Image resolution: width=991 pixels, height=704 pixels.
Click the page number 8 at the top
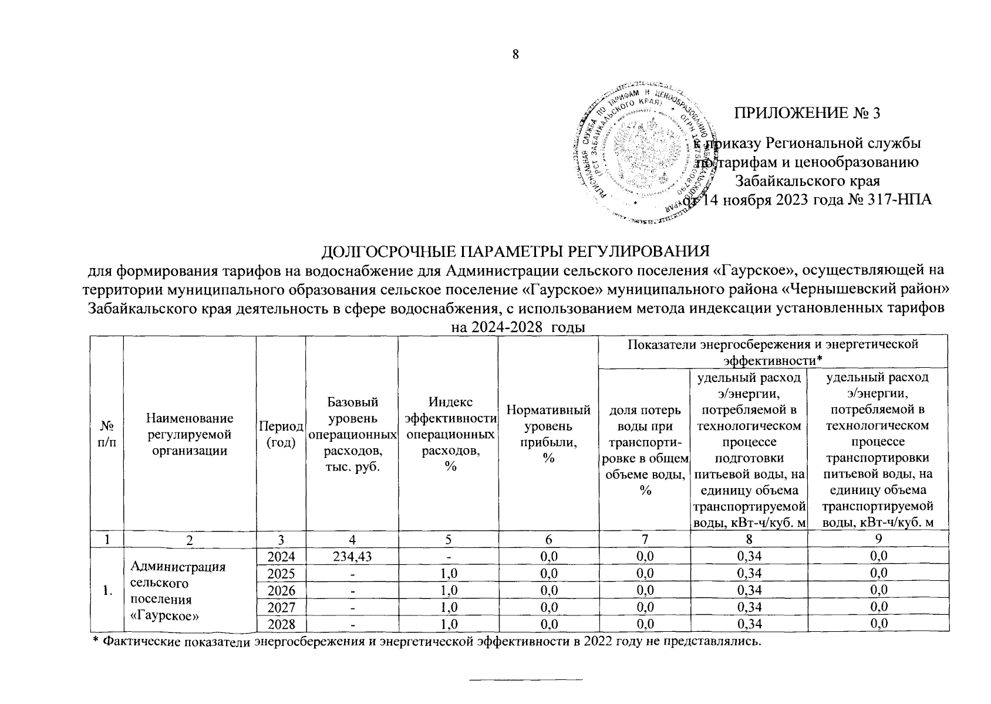(516, 55)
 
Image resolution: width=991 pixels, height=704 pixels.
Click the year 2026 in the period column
(281, 590)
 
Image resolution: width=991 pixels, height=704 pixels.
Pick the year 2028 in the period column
(281, 624)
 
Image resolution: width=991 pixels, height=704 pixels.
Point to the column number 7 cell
(645, 539)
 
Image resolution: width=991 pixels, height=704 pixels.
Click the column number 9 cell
(878, 539)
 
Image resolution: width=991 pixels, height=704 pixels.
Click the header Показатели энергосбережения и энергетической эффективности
(772, 351)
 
